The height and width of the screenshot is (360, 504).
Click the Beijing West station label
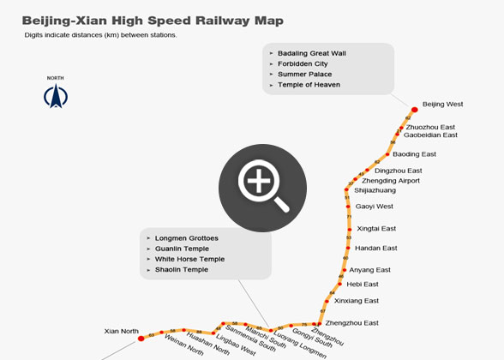tap(443, 104)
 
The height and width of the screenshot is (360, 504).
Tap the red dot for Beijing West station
tap(415, 109)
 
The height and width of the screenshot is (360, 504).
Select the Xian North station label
tap(121, 330)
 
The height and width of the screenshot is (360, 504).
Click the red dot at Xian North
tap(141, 339)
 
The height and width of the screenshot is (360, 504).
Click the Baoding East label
tap(415, 154)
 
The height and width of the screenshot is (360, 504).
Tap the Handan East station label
tap(375, 248)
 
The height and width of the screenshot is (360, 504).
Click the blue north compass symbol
tap(55, 96)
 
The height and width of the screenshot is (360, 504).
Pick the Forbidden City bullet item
tap(303, 63)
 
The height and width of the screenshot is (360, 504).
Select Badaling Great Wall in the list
tap(311, 53)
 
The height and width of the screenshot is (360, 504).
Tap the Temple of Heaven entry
tap(309, 85)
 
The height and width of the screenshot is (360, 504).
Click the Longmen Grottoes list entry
tap(187, 237)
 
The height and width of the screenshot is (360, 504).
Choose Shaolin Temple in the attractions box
tap(182, 269)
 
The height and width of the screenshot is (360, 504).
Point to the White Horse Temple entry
tap(189, 259)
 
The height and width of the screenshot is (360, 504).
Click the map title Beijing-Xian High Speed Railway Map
tap(152, 20)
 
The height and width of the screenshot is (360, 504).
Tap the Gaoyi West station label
tap(374, 206)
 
